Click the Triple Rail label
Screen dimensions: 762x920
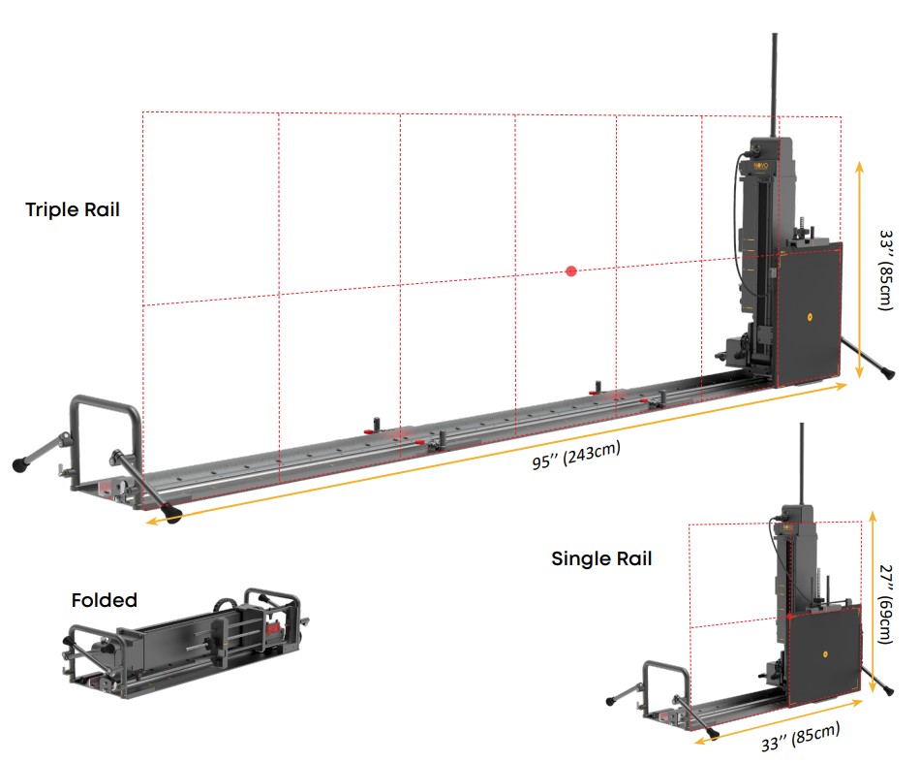73,209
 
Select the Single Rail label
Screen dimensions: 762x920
601,558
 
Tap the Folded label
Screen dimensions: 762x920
105,601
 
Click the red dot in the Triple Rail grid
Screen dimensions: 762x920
571,271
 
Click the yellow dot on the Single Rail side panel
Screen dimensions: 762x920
824,654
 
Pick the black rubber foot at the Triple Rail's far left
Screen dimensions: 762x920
19,464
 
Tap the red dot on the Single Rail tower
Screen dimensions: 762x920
791,616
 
